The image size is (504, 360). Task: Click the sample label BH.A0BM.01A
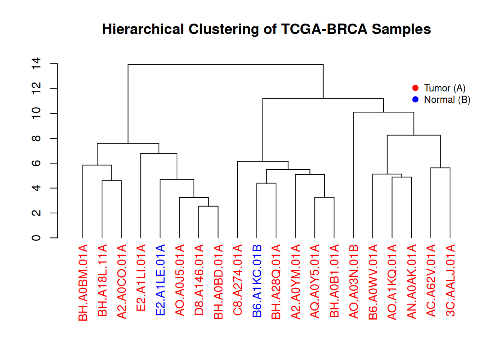pos(83,282)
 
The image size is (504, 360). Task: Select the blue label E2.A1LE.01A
pos(160,280)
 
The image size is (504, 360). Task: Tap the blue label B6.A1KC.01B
pos(257,281)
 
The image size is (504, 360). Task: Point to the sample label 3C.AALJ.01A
pos(450,280)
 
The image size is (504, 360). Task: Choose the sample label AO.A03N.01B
pos(354,282)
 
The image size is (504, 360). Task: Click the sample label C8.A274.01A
pos(238,280)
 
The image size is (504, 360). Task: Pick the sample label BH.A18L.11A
pos(102,280)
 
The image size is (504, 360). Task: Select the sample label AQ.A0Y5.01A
pos(315,281)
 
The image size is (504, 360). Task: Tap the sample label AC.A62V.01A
pos(431,280)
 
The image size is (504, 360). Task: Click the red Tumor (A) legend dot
pos(415,88)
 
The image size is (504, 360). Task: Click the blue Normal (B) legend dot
pos(415,99)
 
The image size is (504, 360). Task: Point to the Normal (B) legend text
pos(447,100)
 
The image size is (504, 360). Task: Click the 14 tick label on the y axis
pos(36,64)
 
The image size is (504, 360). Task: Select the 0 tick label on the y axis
pos(36,238)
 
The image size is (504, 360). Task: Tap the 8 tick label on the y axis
pos(36,138)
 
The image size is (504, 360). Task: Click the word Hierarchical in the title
pos(143,29)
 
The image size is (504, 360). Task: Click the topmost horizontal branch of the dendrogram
pos(225,64)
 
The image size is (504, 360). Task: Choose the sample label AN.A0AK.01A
pos(412,282)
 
